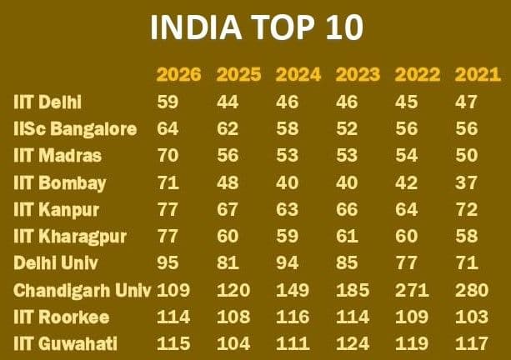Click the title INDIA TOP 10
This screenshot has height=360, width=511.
[256, 27]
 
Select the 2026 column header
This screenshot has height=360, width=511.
[178, 75]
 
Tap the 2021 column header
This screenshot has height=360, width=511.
[477, 75]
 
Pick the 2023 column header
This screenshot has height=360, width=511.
[358, 75]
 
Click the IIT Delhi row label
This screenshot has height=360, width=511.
[48, 102]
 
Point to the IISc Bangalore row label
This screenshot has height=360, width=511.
[74, 129]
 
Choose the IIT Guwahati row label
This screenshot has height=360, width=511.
[66, 344]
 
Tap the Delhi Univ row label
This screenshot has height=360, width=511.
[56, 263]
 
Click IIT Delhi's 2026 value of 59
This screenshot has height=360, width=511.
[168, 102]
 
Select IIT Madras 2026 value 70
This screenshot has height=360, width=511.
[168, 156]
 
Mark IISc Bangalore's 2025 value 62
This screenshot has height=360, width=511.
[228, 129]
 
